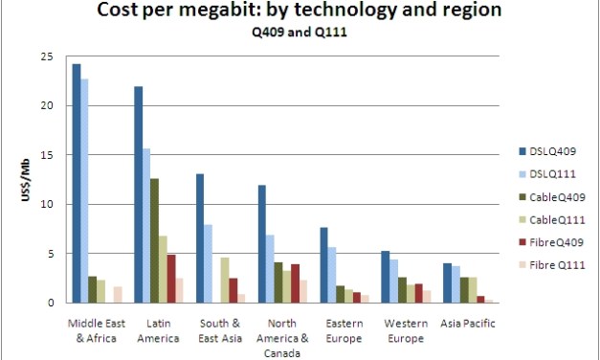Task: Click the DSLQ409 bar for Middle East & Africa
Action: pyautogui.click(x=77, y=183)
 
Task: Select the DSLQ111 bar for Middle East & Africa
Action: pyautogui.click(x=85, y=191)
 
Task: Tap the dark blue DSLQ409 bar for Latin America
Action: pyautogui.click(x=139, y=194)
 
